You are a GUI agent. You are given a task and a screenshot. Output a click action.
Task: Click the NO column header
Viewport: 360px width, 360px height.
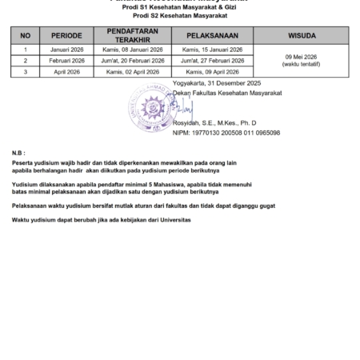pos(25,35)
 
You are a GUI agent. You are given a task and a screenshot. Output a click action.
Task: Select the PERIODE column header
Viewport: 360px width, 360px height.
pos(66,35)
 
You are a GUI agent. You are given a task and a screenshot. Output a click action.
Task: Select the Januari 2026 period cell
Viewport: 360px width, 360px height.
pos(66,50)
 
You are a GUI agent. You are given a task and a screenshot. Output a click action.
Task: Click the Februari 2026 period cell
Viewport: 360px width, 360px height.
pos(66,60)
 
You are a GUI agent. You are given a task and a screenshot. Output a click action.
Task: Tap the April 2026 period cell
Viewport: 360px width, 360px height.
pos(66,71)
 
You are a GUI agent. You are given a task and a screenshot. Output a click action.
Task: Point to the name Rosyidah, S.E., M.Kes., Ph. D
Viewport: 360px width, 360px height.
pos(215,124)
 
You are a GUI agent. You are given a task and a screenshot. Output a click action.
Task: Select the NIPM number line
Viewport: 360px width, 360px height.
pos(226,133)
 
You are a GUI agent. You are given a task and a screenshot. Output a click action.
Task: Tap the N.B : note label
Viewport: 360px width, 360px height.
pos(18,151)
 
